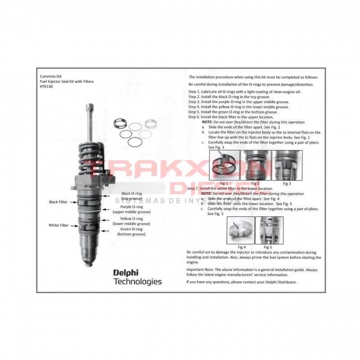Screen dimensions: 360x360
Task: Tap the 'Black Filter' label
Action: [x=58, y=202]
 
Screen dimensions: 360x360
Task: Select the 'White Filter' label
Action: [x=58, y=225]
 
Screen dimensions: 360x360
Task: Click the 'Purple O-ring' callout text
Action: [x=131, y=207]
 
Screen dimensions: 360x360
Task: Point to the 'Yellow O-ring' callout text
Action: [x=131, y=219]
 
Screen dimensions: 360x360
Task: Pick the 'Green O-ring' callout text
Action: [x=131, y=230]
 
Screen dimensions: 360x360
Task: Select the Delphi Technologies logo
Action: [x=137, y=277]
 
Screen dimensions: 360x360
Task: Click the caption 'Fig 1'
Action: [x=224, y=183]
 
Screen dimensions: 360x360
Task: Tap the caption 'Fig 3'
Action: [x=287, y=183]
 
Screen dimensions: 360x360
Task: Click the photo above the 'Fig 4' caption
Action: [x=241, y=230]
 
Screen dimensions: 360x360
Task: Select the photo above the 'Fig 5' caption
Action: [x=269, y=230]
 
